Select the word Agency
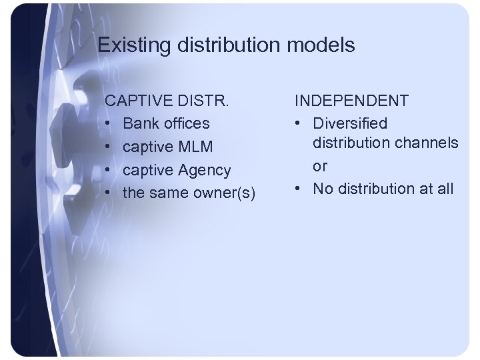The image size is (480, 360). (x=204, y=170)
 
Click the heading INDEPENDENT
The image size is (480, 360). (x=353, y=101)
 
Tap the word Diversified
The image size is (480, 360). (x=350, y=123)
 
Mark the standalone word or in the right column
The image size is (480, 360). (x=320, y=166)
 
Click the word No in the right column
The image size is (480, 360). (x=323, y=189)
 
